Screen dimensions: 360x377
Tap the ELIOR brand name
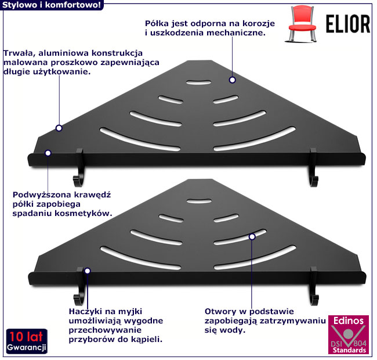pos(343,24)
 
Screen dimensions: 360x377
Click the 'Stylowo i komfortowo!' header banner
pos(52,5)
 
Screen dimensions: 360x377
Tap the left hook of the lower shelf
pos(79,288)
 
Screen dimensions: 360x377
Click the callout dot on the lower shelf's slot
pos(252,237)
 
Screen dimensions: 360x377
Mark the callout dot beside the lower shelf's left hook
pos(88,271)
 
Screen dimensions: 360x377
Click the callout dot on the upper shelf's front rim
pos(48,153)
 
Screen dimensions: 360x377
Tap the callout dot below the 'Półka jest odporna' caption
pos(231,80)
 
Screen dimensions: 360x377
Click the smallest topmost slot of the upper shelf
pos(199,81)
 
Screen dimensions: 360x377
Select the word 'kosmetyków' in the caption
pos(83,214)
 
